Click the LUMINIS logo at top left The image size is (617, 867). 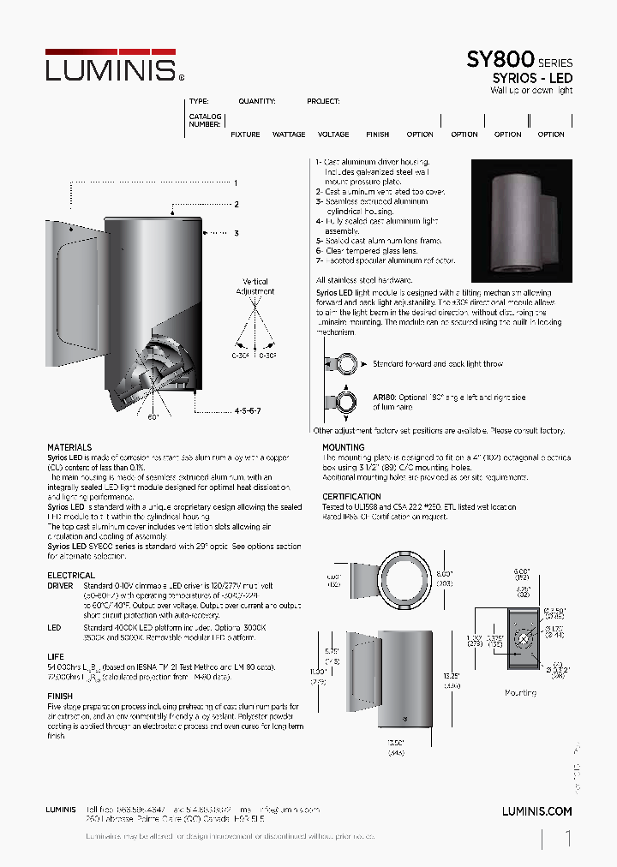[111, 66]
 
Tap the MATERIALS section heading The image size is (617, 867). [69, 447]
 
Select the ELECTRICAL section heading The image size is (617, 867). [71, 576]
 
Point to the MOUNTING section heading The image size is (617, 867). [343, 447]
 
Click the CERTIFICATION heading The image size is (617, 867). [351, 497]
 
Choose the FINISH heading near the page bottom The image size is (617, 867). [60, 697]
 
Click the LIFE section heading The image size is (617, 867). [56, 656]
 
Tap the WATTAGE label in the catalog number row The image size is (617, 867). [289, 135]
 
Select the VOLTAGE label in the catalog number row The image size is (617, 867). [333, 135]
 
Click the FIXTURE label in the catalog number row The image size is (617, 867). [245, 135]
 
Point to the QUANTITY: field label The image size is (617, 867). [257, 101]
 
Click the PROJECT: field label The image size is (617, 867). [323, 101]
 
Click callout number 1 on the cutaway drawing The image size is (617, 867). [235, 182]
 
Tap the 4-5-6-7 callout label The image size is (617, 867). [247, 411]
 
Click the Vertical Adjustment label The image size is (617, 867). [255, 286]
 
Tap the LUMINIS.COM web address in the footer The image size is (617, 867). [536, 810]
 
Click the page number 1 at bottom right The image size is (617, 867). [567, 840]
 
